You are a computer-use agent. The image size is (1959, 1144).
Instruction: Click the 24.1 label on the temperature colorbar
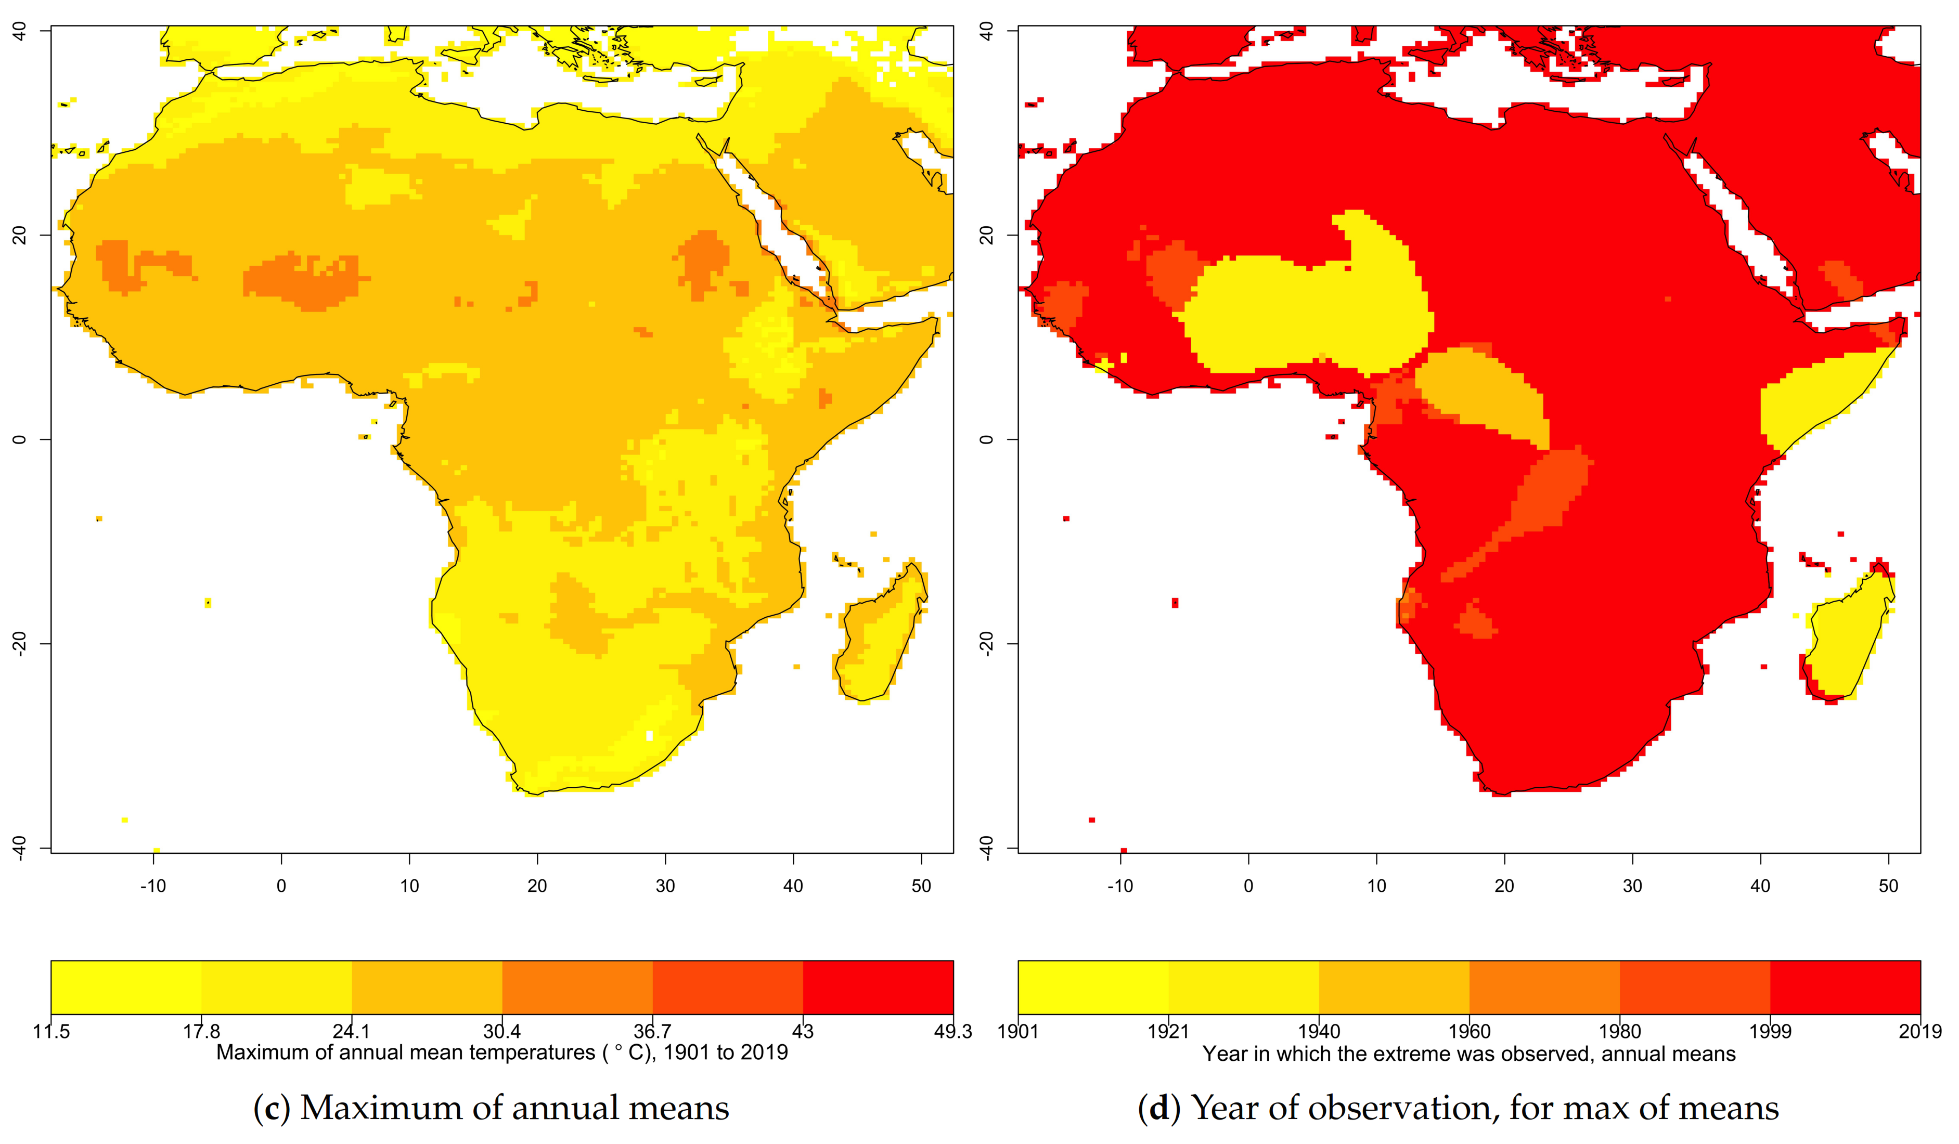click(x=351, y=1031)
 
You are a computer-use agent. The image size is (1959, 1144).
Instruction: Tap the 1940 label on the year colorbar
click(x=1319, y=1031)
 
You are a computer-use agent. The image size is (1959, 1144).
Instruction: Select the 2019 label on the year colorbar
click(x=1920, y=1031)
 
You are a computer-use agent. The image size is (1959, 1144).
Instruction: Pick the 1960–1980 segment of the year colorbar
click(x=1544, y=987)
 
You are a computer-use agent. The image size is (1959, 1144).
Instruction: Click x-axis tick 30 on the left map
click(x=665, y=886)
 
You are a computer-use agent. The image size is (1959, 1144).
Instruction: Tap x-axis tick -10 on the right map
click(x=1120, y=886)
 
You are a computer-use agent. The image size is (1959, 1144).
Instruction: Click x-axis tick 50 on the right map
click(x=1888, y=886)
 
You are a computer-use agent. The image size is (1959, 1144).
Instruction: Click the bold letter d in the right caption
click(x=1159, y=1108)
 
